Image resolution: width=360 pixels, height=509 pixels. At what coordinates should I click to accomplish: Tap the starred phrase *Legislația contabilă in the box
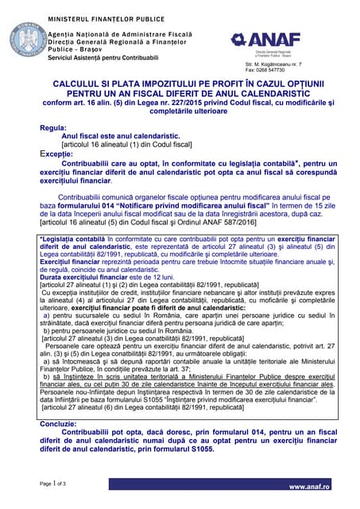pos(71,237)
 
